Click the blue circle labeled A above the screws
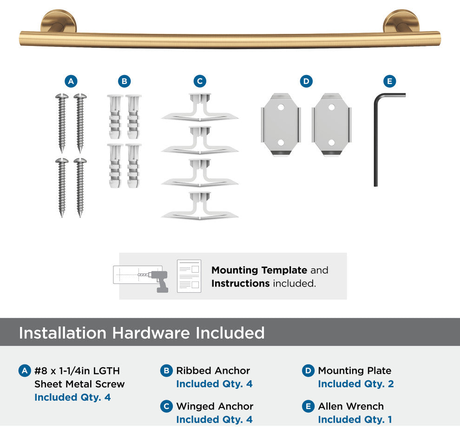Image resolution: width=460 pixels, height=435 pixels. coord(71,81)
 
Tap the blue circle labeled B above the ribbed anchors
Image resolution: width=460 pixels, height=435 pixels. coord(124,81)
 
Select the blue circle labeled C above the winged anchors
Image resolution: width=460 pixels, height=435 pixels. coord(200,81)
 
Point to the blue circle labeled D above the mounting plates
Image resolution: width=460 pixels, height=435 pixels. coord(306,81)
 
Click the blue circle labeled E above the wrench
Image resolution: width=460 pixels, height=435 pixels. coord(389,81)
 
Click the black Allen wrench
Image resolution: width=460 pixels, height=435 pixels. coord(376,141)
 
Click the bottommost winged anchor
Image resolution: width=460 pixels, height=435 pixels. coord(200,206)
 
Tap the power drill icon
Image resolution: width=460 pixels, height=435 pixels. coord(158,281)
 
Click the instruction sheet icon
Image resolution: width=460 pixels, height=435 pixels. coord(189,276)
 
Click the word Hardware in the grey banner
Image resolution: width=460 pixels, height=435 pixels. coord(151,333)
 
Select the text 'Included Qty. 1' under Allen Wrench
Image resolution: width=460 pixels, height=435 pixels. coord(355,420)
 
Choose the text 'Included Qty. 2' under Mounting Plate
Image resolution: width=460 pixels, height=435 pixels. coord(356,384)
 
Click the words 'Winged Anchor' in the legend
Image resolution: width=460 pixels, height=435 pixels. coord(215,406)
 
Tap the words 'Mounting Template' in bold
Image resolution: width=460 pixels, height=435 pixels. coord(259,270)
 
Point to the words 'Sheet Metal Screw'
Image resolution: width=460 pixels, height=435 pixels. coord(79,384)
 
